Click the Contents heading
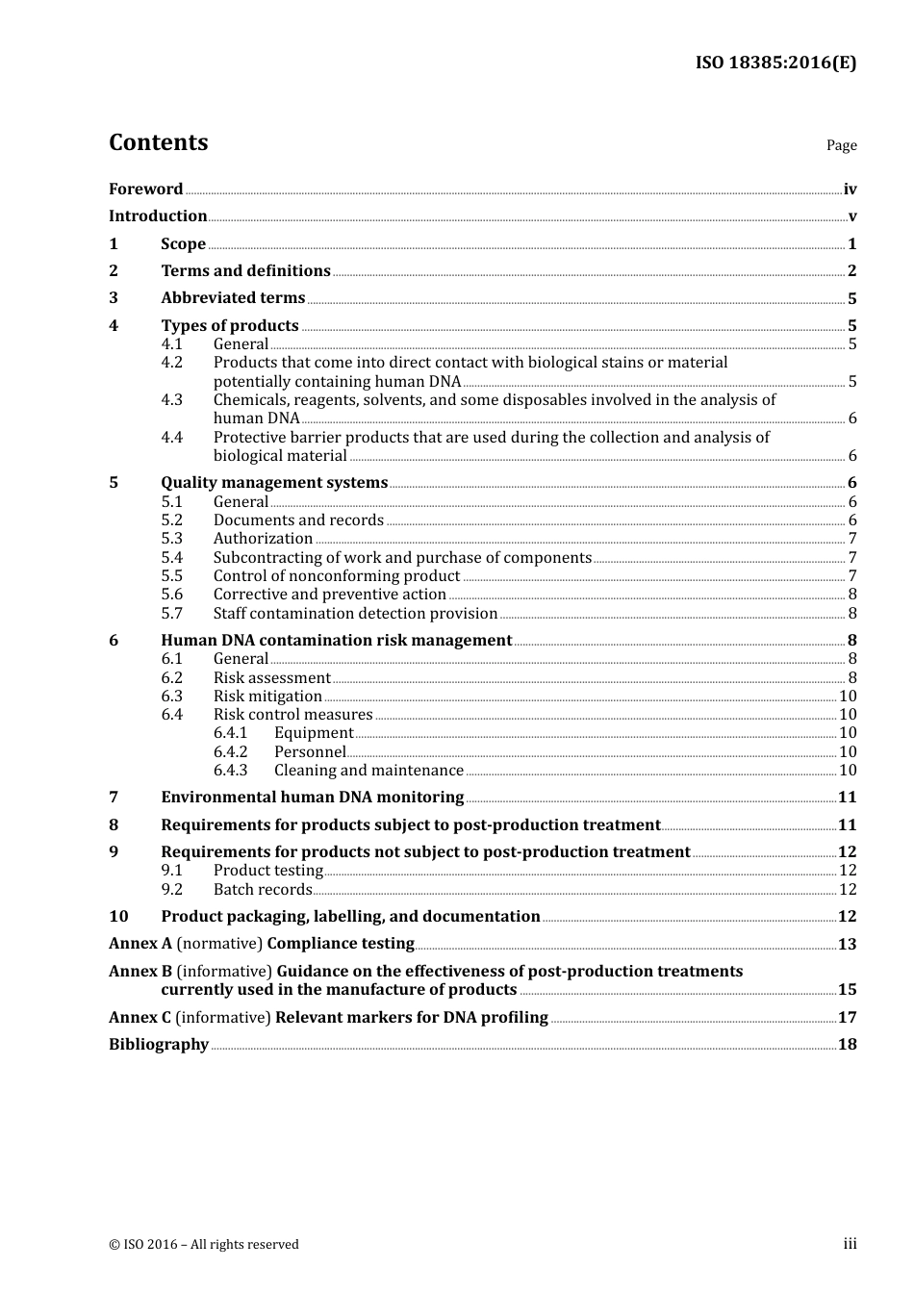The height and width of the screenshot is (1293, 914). [x=158, y=142]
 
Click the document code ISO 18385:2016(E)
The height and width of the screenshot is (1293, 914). [x=775, y=63]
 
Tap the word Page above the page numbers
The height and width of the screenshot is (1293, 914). [x=841, y=145]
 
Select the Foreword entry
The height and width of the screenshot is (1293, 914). [x=145, y=190]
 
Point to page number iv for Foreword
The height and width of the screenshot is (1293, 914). [x=850, y=190]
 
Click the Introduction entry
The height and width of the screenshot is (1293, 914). [x=158, y=216]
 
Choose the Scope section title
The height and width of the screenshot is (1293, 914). [x=183, y=244]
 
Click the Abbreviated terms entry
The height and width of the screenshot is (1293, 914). [x=233, y=298]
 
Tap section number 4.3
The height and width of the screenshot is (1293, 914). [x=171, y=399]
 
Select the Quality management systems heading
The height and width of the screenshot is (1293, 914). [x=274, y=483]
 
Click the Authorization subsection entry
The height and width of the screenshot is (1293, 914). [x=263, y=539]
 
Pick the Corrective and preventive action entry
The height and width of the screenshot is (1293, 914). [x=329, y=595]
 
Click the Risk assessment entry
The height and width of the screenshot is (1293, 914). [x=271, y=678]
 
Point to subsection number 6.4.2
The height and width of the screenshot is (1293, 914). [x=230, y=752]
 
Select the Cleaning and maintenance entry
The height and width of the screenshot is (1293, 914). [x=368, y=771]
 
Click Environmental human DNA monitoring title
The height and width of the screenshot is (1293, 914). [x=312, y=798]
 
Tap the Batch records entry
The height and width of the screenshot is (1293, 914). [x=263, y=890]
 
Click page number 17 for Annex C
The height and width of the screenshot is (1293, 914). [x=847, y=1018]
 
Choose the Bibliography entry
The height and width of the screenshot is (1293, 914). [x=159, y=1045]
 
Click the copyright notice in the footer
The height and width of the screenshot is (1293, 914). [x=204, y=1245]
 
